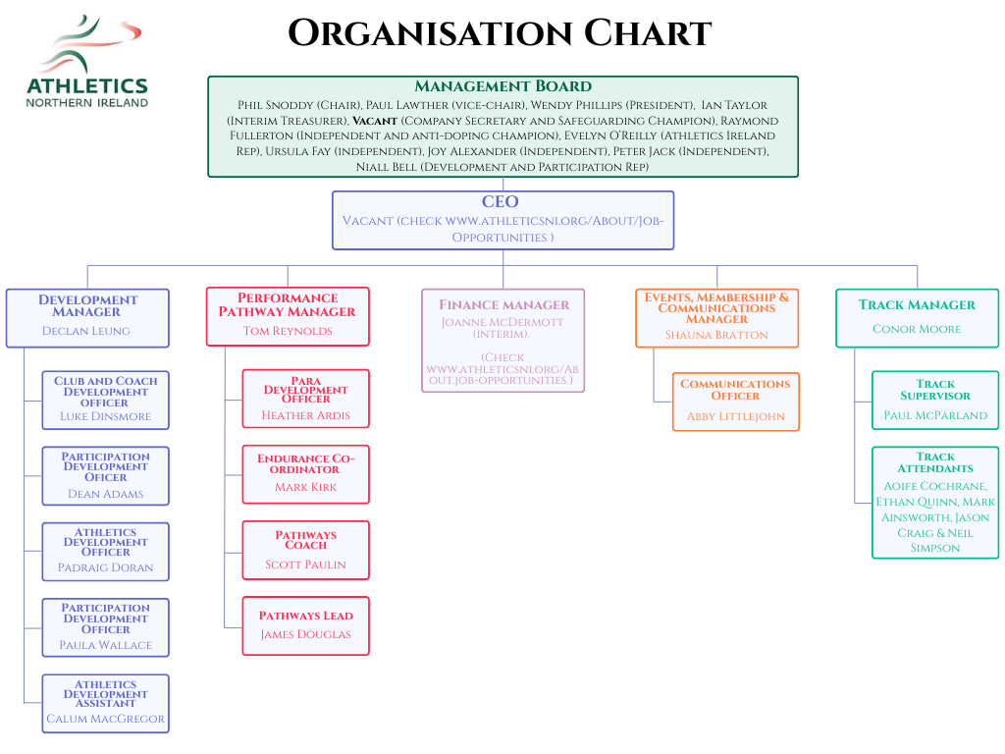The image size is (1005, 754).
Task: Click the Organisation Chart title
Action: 500,33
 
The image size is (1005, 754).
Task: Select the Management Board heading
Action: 502,86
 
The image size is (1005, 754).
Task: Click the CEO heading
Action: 500,202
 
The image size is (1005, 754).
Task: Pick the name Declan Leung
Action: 86,331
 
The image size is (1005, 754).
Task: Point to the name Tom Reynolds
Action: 288,331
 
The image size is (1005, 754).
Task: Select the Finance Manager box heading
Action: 503,304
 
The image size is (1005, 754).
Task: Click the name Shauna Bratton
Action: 716,335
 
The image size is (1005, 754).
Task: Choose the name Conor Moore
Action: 917,329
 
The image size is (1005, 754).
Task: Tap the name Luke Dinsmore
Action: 105,416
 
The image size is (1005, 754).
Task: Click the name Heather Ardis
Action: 306,415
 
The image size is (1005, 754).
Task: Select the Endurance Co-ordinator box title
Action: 306,463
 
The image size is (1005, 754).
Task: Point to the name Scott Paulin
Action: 306,565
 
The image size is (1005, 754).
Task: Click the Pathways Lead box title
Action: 306,616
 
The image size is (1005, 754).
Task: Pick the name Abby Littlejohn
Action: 735,416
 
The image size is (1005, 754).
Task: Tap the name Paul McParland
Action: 935,415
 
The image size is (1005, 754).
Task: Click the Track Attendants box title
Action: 935,462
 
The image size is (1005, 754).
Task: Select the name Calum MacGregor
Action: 105,719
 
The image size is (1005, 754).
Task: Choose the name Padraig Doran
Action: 105,568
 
